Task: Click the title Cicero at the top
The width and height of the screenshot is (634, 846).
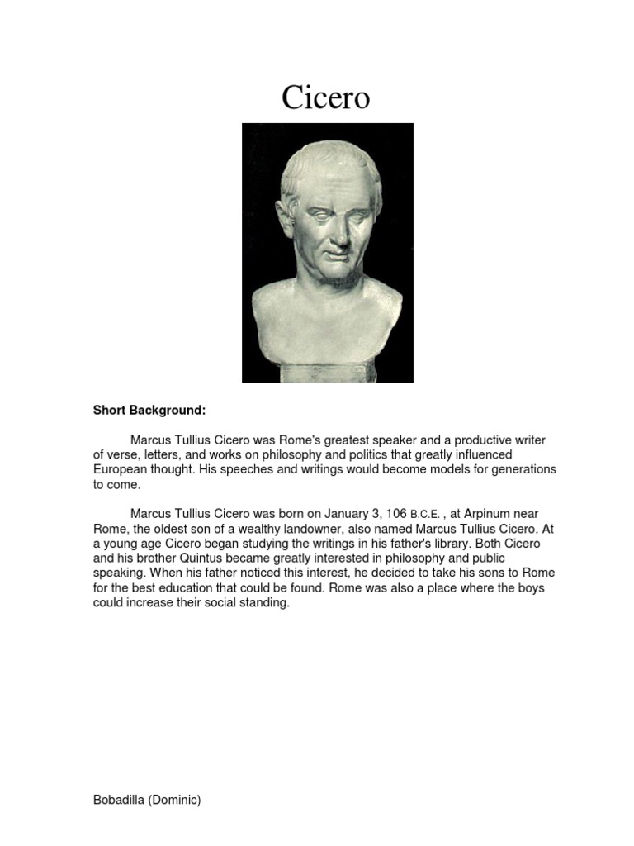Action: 326,98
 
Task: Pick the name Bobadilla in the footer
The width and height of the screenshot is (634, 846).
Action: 121,801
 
